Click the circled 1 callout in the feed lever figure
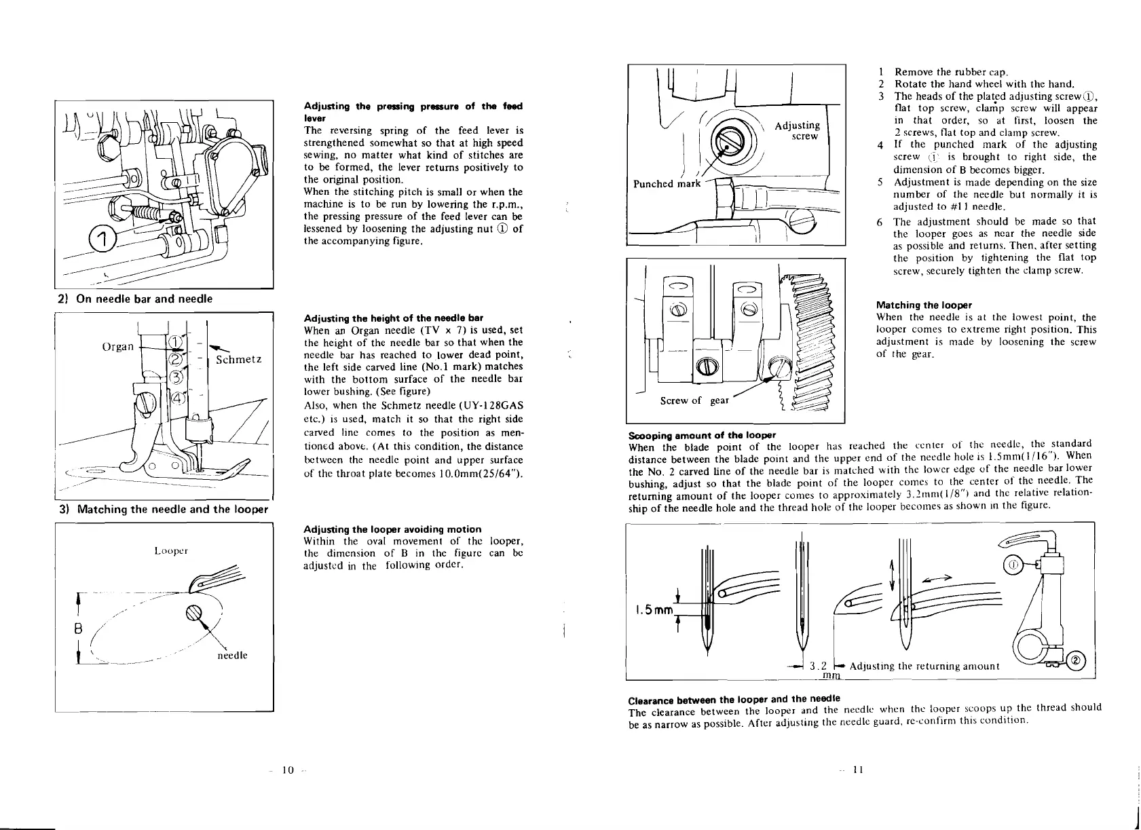tap(100, 238)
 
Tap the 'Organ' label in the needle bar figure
tap(117, 347)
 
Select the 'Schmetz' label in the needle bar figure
tap(238, 359)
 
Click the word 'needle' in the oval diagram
tap(233, 656)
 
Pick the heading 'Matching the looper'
tap(924, 305)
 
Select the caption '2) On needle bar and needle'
tap(134, 299)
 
